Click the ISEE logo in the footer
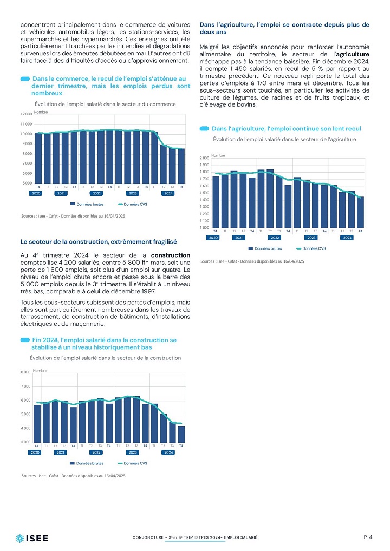pyautogui.click(x=32, y=538)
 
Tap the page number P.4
pyautogui.click(x=368, y=537)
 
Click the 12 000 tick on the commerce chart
pyautogui.click(x=27, y=114)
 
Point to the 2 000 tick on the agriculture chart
pyautogui.click(x=204, y=158)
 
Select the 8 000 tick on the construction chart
pyautogui.click(x=25, y=372)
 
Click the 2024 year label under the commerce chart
pyautogui.click(x=168, y=193)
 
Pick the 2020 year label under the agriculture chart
pyautogui.click(x=213, y=238)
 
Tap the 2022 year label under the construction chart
pyautogui.click(x=96, y=452)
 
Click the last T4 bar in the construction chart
pyautogui.click(x=181, y=434)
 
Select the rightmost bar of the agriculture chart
pyautogui.click(x=360, y=212)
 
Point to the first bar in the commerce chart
pyautogui.click(x=38, y=158)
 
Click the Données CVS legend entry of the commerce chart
pyautogui.click(x=133, y=204)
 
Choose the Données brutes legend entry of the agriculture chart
pyautogui.click(x=265, y=248)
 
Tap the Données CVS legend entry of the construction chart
pyautogui.click(x=133, y=463)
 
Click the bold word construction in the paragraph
pyautogui.click(x=171, y=255)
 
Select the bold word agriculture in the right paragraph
pyautogui.click(x=353, y=54)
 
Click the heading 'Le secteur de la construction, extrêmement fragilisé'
pyautogui.click(x=99, y=242)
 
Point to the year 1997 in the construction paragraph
pyautogui.click(x=148, y=291)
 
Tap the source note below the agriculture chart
pyautogui.click(x=252, y=261)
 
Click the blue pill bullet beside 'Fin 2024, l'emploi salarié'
pyautogui.click(x=25, y=340)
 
